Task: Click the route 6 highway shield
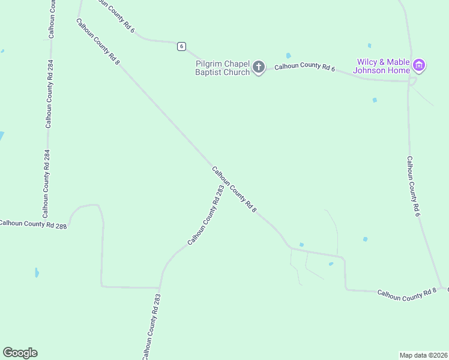pyautogui.click(x=181, y=46)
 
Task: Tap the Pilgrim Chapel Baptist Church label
pyautogui.click(x=222, y=68)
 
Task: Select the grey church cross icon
pyautogui.click(x=259, y=67)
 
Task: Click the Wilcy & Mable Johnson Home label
pyautogui.click(x=383, y=66)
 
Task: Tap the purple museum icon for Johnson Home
pyautogui.click(x=419, y=65)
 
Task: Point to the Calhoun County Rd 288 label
pyautogui.click(x=32, y=224)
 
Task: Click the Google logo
pyautogui.click(x=20, y=353)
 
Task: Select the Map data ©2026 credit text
pyautogui.click(x=423, y=355)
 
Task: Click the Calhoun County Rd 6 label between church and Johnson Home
pyautogui.click(x=304, y=67)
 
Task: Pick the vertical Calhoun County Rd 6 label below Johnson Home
pyautogui.click(x=412, y=187)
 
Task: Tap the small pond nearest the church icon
pyautogui.click(x=288, y=56)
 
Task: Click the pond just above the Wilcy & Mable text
pyautogui.click(x=369, y=46)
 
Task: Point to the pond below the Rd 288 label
pyautogui.click(x=37, y=272)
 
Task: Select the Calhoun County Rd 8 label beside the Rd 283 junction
pyautogui.click(x=234, y=189)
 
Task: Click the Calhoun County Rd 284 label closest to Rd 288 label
pyautogui.click(x=46, y=184)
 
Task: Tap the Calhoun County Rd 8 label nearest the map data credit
pyautogui.click(x=407, y=295)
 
